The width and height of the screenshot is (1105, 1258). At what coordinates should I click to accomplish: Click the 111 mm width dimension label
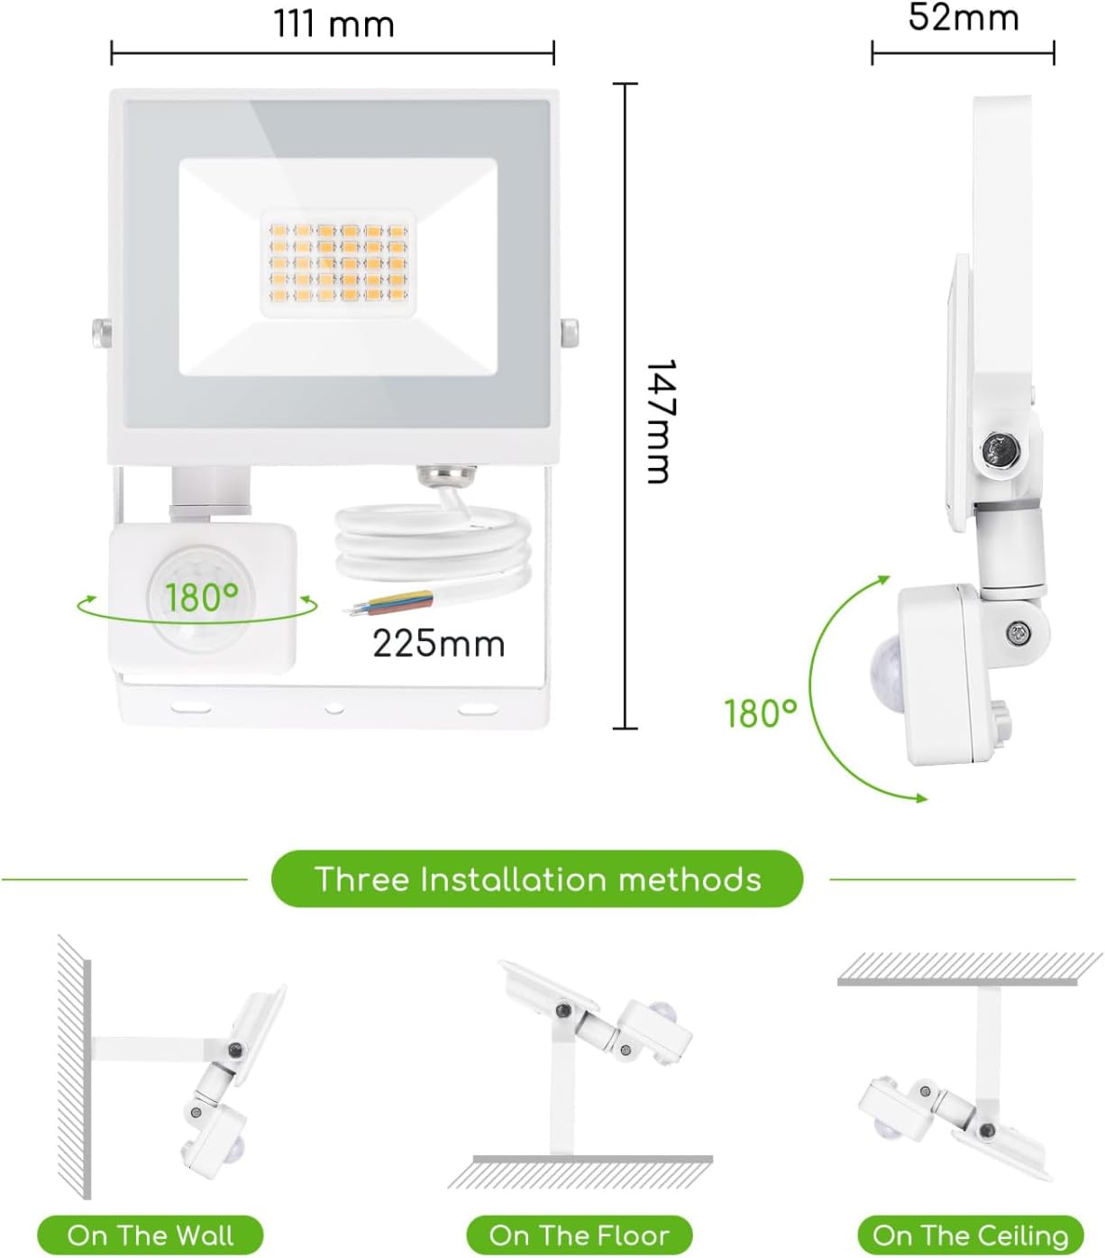click(x=334, y=25)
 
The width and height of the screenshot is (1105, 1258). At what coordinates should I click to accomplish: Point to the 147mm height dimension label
click(x=659, y=422)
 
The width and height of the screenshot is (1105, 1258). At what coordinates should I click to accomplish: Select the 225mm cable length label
click(x=439, y=644)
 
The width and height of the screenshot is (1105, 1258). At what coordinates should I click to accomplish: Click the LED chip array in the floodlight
click(x=338, y=264)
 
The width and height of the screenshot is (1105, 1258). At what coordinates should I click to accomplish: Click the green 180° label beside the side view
click(x=761, y=713)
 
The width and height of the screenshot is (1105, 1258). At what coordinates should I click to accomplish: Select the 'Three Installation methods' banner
click(x=537, y=879)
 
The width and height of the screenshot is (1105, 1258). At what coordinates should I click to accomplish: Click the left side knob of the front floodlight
click(x=102, y=333)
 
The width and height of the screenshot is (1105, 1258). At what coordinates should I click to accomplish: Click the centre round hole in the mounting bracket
click(x=334, y=708)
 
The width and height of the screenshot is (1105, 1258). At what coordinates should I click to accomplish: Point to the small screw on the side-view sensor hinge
click(x=1018, y=633)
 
